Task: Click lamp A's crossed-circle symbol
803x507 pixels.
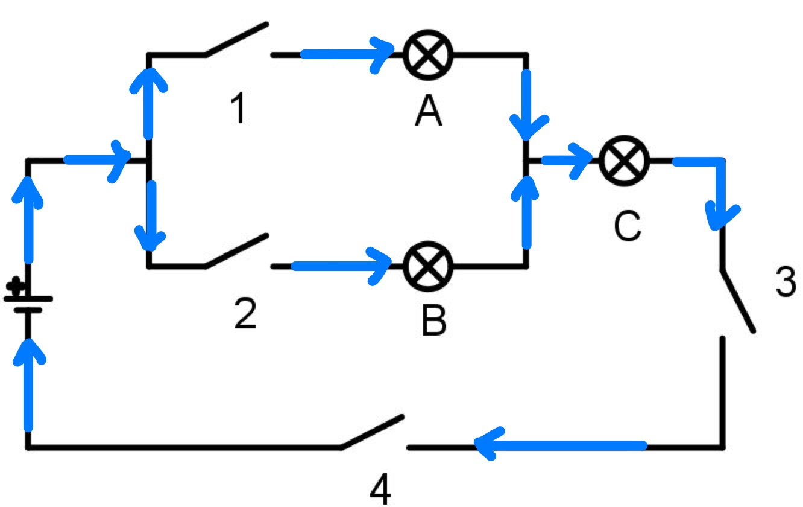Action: [428, 55]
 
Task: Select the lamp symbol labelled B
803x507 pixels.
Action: [428, 266]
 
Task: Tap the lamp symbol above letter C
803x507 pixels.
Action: [624, 161]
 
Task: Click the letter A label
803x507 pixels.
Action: [428, 111]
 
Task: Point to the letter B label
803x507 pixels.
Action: [434, 319]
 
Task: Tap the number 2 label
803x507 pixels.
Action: [245, 314]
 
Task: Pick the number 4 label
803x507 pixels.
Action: [380, 489]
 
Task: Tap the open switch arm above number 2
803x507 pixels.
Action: [237, 250]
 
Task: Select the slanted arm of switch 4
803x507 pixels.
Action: [372, 432]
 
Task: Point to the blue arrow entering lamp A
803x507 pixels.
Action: [347, 55]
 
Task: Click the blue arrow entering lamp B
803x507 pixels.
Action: [341, 266]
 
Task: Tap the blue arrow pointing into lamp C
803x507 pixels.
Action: [567, 161]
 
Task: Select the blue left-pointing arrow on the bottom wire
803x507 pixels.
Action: [561, 446]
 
